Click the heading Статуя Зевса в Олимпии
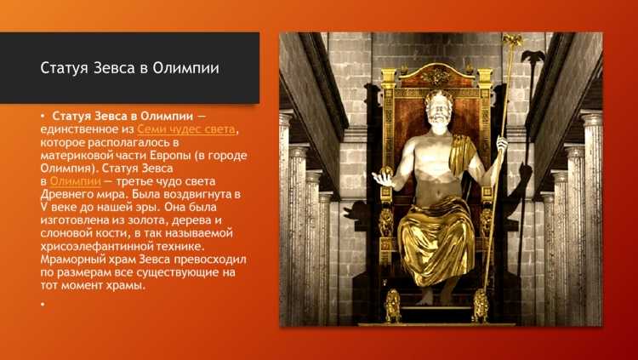[129, 68]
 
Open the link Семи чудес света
[187, 128]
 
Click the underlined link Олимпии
[69, 181]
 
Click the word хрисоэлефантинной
[96, 247]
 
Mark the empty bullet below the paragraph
[41, 304]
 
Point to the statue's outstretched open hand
[387, 180]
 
